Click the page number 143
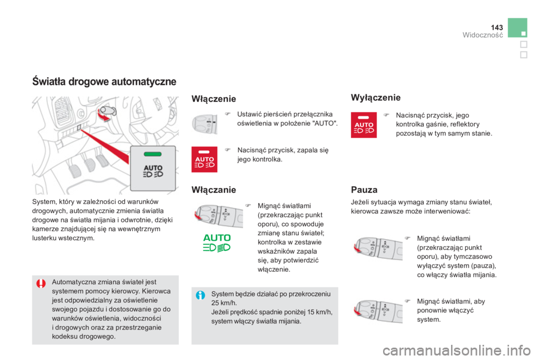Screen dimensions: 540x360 click(497, 27)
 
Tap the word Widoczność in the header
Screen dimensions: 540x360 click(483, 35)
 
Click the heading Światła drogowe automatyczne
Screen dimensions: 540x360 click(104, 82)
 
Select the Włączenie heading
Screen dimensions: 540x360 click(214, 99)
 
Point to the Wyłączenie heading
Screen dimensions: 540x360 click(376, 97)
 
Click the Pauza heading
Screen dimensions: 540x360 click(364, 190)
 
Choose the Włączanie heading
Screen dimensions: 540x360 click(214, 190)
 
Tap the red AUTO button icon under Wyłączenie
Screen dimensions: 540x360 click(364, 125)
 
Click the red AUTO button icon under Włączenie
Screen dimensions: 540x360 click(204, 159)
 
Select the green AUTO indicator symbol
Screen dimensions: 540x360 click(217, 243)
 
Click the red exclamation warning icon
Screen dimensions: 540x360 click(41, 284)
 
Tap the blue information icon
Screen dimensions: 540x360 click(200, 295)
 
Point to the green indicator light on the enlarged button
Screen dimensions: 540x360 click(152, 154)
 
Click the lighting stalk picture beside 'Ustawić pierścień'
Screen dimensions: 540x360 click(204, 124)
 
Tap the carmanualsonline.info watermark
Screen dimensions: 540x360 click(456, 350)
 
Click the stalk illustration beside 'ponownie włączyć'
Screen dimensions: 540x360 click(377, 312)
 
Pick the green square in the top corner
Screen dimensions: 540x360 click(517, 28)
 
